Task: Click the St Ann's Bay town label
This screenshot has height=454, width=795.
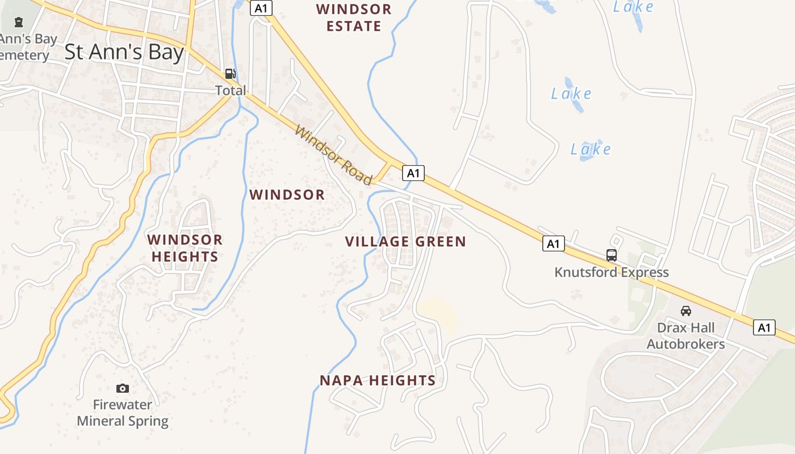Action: point(124,52)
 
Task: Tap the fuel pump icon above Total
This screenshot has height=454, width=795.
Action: point(230,73)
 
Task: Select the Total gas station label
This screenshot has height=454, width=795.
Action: point(231,90)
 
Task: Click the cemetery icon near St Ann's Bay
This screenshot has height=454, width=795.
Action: point(19,23)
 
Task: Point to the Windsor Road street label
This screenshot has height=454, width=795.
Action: point(333,155)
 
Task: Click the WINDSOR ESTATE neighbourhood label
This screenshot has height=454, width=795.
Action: point(354,18)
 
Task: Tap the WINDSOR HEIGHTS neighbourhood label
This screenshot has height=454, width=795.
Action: point(185,248)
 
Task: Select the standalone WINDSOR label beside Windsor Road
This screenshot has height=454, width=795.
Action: point(287,195)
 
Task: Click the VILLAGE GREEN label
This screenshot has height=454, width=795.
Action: point(405,242)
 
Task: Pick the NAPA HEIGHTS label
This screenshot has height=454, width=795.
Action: point(378,380)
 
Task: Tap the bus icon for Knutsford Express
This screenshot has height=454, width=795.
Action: point(611,255)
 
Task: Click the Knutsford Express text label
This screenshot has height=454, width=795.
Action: point(612,272)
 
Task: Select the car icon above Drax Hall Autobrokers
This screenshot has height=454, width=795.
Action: point(686,311)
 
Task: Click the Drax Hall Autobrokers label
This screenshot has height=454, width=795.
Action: point(686,336)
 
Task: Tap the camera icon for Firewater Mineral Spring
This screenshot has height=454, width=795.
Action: point(122,388)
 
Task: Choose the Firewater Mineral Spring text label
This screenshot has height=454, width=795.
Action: point(123,413)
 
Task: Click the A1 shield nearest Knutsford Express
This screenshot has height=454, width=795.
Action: point(553,244)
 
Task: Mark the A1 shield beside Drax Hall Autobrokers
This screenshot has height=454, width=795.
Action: point(764,327)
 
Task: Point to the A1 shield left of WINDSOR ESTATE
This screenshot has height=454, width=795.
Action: point(261,8)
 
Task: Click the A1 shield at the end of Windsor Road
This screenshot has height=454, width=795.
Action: point(413,173)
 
